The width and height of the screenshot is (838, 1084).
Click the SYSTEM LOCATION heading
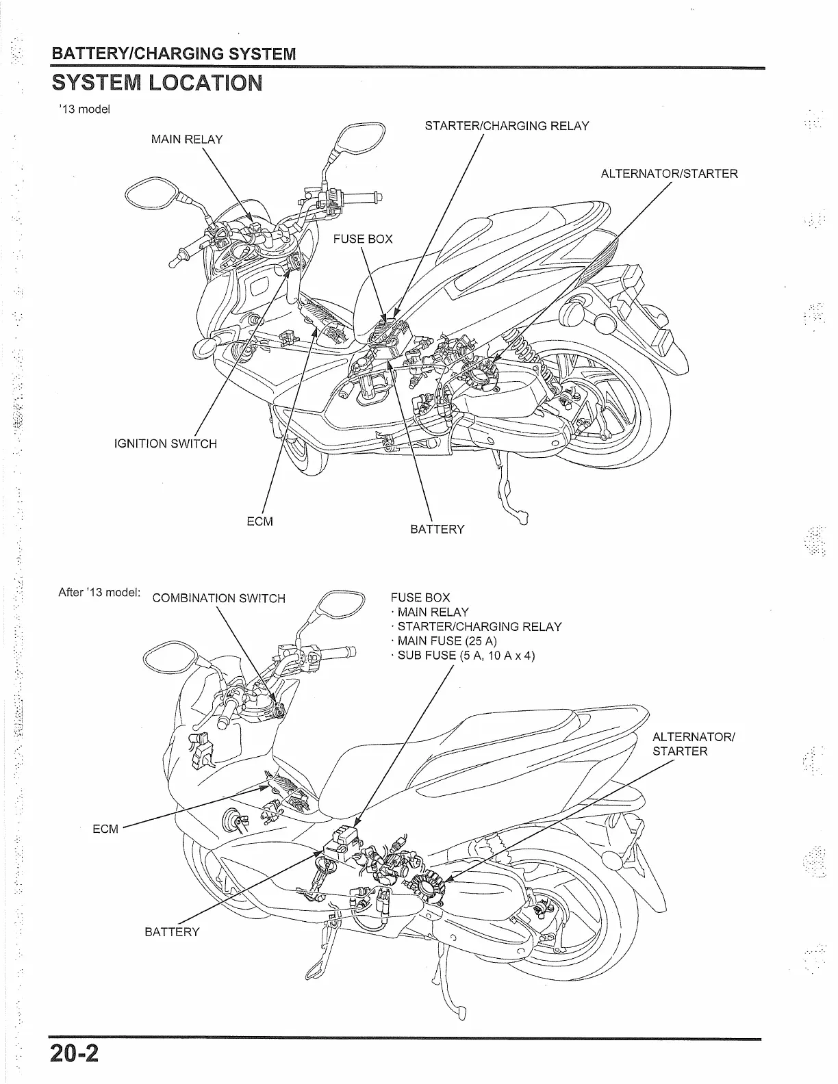pyautogui.click(x=156, y=83)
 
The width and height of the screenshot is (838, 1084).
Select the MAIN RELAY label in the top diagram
pyautogui.click(x=186, y=140)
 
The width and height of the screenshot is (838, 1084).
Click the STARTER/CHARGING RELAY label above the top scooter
pyautogui.click(x=507, y=126)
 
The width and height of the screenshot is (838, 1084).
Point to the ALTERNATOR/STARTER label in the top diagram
pyautogui.click(x=669, y=174)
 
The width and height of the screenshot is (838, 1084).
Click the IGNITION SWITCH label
pyautogui.click(x=165, y=443)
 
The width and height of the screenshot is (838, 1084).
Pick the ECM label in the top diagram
pyautogui.click(x=259, y=521)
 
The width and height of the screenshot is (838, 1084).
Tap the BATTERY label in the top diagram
pyautogui.click(x=437, y=530)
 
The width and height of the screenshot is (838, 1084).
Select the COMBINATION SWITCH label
pyautogui.click(x=218, y=598)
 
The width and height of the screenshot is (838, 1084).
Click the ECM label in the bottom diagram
pyautogui.click(x=105, y=829)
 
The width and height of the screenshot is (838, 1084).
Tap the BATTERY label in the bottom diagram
pyautogui.click(x=172, y=932)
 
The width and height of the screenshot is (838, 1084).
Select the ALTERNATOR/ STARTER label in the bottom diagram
pyautogui.click(x=693, y=744)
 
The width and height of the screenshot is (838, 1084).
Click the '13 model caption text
pyautogui.click(x=84, y=109)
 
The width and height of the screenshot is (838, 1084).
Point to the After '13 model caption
pyautogui.click(x=99, y=592)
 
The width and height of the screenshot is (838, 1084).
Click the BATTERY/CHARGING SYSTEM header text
pyautogui.click(x=175, y=53)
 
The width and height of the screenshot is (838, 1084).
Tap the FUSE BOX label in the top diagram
pyautogui.click(x=363, y=239)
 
